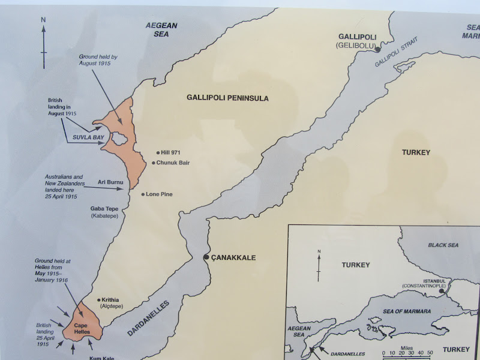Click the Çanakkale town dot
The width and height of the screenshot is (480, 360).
pos(206,257)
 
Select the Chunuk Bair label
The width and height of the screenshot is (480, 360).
pos(173,163)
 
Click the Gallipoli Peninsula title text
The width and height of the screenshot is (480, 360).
pos(227,98)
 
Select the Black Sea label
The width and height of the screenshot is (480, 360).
pos(443,245)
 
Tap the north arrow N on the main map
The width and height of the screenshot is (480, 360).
pos(43,20)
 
